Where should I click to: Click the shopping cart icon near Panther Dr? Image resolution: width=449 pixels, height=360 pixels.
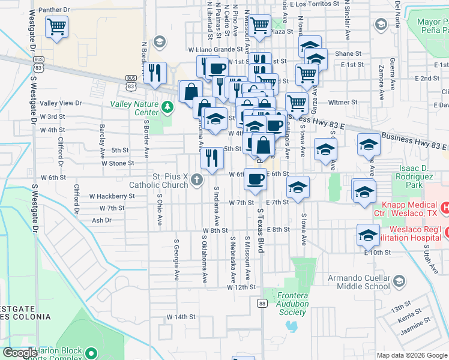pyautogui.click(x=56, y=26)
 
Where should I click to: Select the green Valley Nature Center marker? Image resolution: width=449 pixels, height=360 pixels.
pyautogui.click(x=167, y=107)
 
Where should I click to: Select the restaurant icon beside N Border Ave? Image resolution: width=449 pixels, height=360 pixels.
pyautogui.click(x=155, y=73)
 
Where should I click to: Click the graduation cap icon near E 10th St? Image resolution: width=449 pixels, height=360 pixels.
pyautogui.click(x=368, y=235)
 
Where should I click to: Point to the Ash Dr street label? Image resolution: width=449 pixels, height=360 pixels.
pyautogui.click(x=101, y=220)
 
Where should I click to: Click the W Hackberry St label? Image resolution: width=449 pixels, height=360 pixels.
pyautogui.click(x=112, y=196)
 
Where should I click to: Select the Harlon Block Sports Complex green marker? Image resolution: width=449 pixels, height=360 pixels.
pyautogui.click(x=91, y=353)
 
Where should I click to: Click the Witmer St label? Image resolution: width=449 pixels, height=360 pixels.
pyautogui.click(x=343, y=103)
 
